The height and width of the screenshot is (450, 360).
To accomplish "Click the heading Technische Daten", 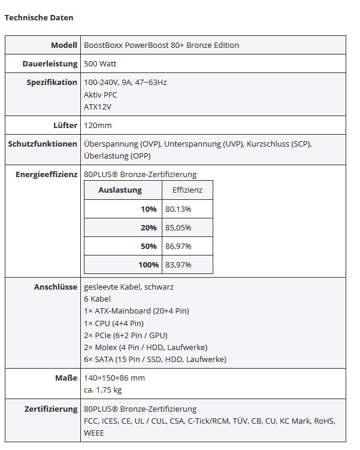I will (39, 18).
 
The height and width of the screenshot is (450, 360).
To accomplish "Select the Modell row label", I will (64, 45).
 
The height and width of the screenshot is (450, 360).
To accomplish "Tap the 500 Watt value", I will (100, 63).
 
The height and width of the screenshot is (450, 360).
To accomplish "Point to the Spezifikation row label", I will (52, 83).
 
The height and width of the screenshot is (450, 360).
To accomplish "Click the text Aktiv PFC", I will (101, 95).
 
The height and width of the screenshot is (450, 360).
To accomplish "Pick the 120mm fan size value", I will (98, 126).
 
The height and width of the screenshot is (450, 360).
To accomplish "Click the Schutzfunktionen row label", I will (43, 144).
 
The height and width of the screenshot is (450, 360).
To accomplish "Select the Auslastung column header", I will (120, 190).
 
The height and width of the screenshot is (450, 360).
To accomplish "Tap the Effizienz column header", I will (187, 190).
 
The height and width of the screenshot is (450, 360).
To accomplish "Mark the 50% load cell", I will (149, 246).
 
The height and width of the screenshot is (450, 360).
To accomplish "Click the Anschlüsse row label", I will (55, 287).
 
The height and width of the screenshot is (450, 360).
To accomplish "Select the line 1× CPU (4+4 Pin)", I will (114, 323).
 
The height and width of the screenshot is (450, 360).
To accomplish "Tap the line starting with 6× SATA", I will (155, 360).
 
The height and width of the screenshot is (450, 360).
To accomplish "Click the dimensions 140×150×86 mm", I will (114, 378).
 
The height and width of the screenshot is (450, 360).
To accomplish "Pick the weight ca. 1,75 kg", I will (103, 390).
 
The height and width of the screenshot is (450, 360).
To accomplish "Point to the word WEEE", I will (94, 433).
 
